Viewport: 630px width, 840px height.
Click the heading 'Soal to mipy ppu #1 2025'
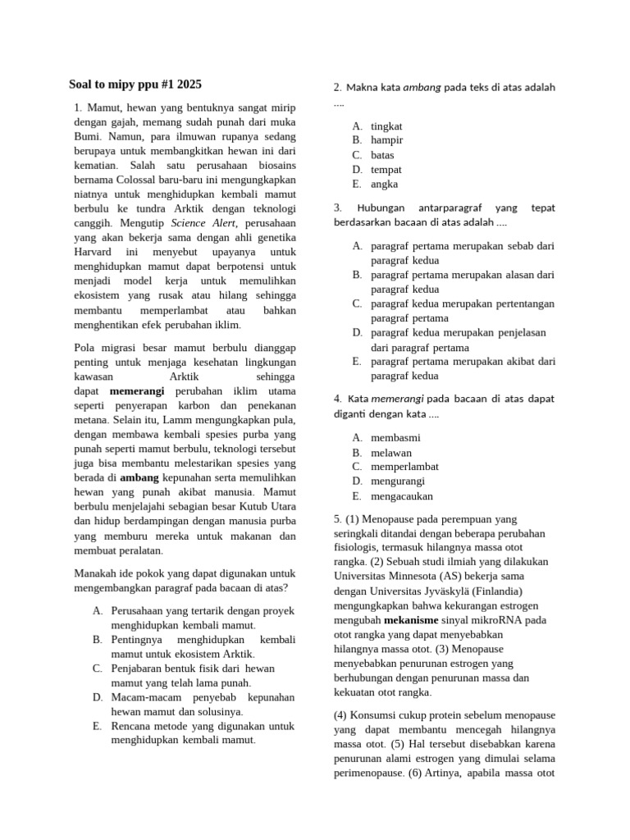tap(135, 84)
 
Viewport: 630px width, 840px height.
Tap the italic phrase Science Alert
tap(198, 223)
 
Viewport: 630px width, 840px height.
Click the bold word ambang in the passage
tap(139, 477)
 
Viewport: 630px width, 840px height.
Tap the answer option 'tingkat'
tap(386, 126)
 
